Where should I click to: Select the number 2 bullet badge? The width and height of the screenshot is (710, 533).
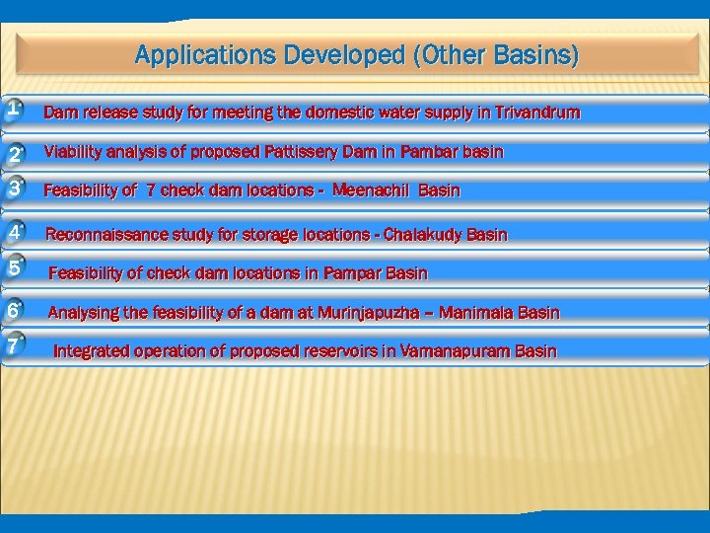[15, 154]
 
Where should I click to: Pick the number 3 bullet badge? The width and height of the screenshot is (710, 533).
[15, 188]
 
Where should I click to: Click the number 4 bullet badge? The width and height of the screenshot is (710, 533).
[15, 233]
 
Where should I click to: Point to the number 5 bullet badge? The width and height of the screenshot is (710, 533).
[15, 267]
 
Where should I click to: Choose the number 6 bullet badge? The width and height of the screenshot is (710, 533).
[13, 311]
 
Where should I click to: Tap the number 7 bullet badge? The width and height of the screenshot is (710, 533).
[13, 346]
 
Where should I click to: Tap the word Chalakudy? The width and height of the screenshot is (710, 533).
[422, 235]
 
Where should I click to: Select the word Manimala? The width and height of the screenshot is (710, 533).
[475, 313]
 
